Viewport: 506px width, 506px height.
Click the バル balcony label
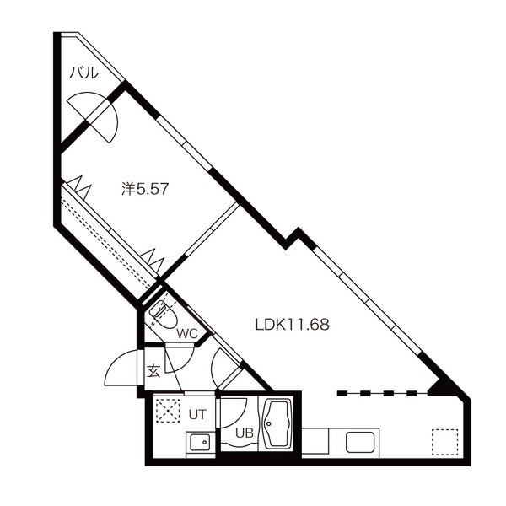(x=83, y=73)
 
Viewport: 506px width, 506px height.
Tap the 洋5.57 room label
(x=146, y=190)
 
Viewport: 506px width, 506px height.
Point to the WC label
(x=187, y=333)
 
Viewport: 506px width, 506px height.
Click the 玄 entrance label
(x=154, y=371)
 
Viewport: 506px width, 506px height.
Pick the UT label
(x=196, y=413)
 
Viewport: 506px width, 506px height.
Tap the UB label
(x=244, y=433)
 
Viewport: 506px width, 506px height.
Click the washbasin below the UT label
(x=200, y=442)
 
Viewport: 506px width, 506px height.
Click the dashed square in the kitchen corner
(x=444, y=442)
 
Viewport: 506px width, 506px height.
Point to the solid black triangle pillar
(x=441, y=387)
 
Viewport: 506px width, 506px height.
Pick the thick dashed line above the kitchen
(x=377, y=393)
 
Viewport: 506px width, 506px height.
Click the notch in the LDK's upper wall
(x=295, y=235)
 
